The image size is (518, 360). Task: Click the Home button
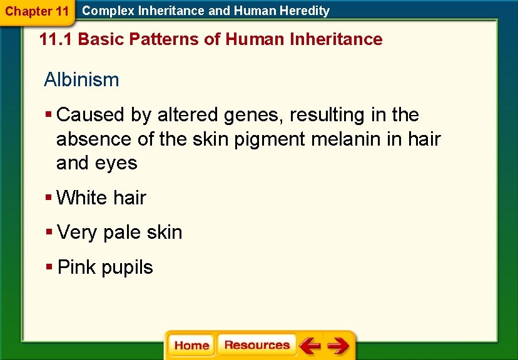(x=191, y=346)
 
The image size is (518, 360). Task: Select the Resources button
(x=256, y=346)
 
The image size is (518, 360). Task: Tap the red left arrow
(x=309, y=346)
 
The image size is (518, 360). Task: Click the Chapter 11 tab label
(x=36, y=11)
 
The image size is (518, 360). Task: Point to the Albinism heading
(x=81, y=80)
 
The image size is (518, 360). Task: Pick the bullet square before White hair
(x=49, y=197)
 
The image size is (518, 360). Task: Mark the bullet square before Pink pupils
(x=49, y=267)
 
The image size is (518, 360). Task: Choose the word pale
(x=122, y=233)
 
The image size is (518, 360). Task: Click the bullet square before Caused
(x=49, y=115)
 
